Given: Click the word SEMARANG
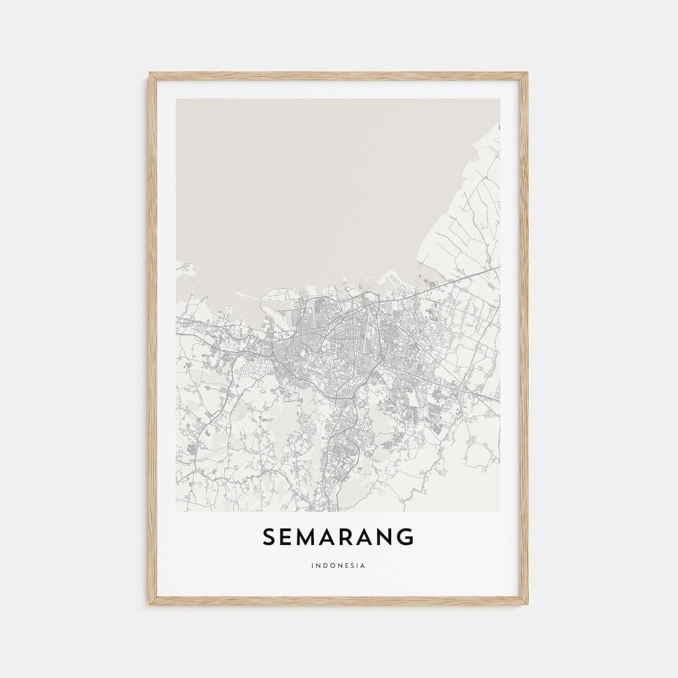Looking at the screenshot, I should click(x=338, y=537).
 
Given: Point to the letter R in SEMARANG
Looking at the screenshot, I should click(x=350, y=537).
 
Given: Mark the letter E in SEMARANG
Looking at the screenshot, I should click(x=287, y=537).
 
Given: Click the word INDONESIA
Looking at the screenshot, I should click(x=338, y=566).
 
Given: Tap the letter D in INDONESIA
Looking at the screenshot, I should click(x=325, y=566).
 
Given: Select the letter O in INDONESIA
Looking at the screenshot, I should click(x=331, y=566).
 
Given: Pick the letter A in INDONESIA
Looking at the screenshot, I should click(x=363, y=566).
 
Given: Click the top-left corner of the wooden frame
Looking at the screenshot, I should click(x=151, y=74).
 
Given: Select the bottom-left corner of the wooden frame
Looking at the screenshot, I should click(x=151, y=603).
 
